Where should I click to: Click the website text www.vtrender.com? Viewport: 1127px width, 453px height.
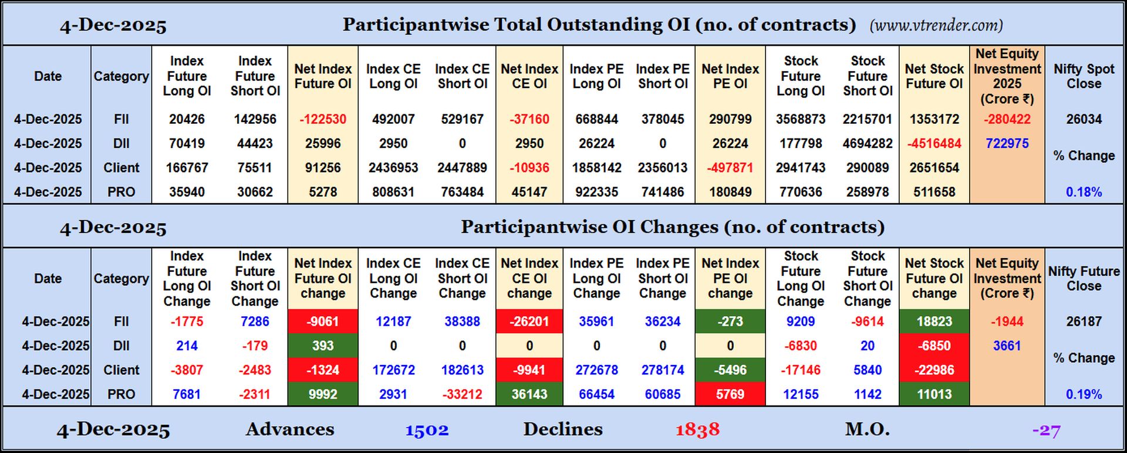pos(936,25)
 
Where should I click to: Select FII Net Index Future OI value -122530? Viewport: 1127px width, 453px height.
pos(323,119)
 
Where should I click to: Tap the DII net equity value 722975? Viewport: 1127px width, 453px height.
pos(1007,143)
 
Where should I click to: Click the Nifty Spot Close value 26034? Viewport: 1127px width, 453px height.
pos(1084,119)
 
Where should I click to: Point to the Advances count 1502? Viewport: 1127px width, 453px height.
pos(427,430)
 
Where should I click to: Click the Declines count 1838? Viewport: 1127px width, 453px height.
pos(697,430)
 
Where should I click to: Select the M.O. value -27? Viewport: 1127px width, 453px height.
pos(1046,431)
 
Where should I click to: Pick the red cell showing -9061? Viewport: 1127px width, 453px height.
pos(323,322)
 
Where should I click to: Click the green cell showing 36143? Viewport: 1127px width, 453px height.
pos(529,394)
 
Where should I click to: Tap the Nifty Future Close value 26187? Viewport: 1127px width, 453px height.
pos(1084,322)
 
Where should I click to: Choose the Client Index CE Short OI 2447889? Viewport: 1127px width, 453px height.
pos(462,168)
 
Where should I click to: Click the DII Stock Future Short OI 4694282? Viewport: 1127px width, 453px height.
pos(868,143)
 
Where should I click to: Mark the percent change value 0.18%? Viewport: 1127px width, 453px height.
pos(1084,192)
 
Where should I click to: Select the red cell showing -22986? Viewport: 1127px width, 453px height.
pos(934,370)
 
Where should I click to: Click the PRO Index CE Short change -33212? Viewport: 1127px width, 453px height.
pos(462,394)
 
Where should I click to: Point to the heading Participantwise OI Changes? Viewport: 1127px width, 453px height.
pos(672,227)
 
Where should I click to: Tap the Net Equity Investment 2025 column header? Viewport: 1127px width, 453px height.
pos(1007,76)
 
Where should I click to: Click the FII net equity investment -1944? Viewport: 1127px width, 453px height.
pos(1007,322)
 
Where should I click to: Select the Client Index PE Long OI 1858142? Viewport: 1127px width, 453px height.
pos(596,168)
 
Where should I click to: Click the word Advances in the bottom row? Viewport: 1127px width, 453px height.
pos(290,430)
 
